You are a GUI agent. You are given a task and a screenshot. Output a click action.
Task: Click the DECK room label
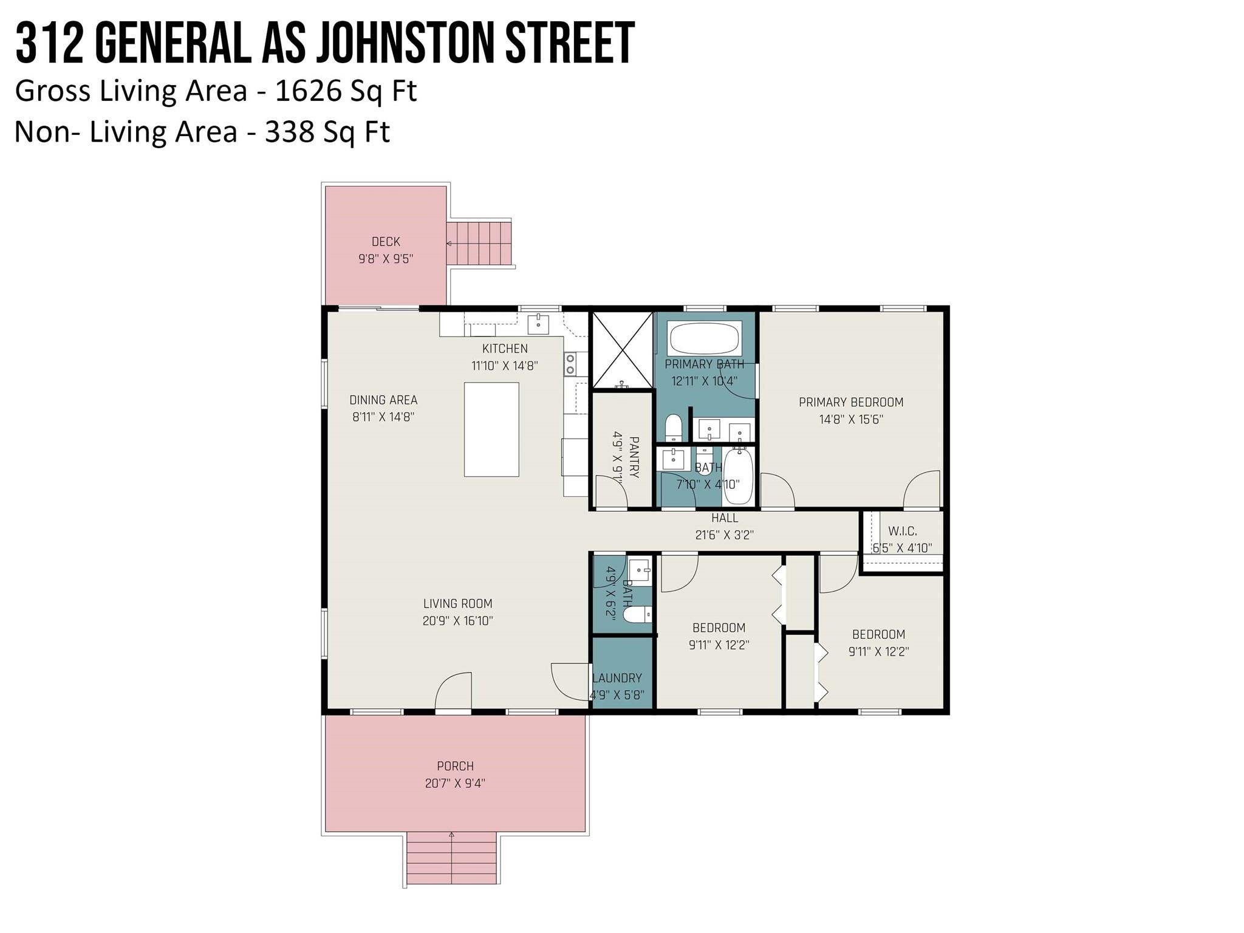point(386,242)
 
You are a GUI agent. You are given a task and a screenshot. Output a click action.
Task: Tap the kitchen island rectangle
point(491,429)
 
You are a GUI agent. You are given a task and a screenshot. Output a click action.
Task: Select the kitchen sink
point(538,324)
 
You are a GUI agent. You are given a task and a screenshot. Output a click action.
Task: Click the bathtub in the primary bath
point(705,338)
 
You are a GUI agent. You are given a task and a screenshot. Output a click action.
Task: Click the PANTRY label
point(634,457)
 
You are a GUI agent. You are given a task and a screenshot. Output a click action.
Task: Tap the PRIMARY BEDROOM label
point(851,402)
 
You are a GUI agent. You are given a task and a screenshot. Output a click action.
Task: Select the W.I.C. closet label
point(902,531)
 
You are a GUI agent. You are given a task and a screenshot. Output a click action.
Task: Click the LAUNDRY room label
point(617,678)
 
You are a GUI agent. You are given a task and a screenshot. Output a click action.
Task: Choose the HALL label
point(725,518)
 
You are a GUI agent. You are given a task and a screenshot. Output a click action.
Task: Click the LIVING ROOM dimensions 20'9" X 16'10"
point(457,621)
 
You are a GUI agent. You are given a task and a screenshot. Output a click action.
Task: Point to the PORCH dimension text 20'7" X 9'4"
point(455,784)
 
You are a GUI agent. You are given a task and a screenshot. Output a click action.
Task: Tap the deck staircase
point(480,243)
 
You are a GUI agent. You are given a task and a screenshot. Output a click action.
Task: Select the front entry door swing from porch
point(453,691)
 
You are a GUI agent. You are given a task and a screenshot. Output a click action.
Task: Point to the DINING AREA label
point(383,400)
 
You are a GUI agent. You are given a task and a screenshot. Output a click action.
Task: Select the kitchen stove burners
point(570,363)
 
